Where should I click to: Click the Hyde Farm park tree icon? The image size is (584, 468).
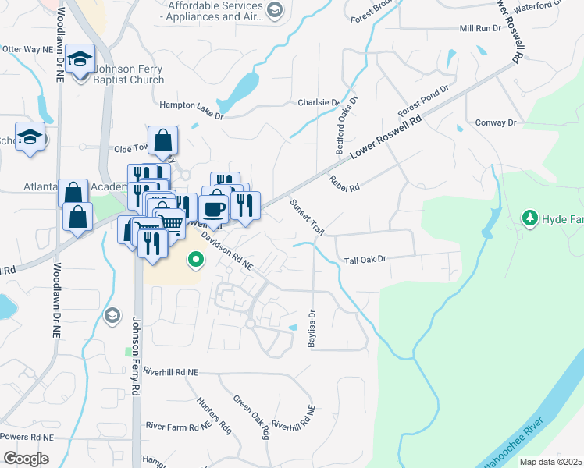(x=531, y=217)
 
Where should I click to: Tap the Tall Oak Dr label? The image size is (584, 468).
(x=365, y=260)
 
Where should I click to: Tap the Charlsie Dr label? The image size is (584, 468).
(x=319, y=102)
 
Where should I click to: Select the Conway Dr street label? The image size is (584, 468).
(x=496, y=123)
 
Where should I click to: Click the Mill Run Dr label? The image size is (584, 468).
(x=479, y=28)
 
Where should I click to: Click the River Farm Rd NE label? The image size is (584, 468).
(x=178, y=426)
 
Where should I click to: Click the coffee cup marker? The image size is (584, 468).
(x=214, y=209)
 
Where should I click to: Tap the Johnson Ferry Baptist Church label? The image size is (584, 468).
(x=129, y=73)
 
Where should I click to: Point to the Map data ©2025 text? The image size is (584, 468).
(x=550, y=462)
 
